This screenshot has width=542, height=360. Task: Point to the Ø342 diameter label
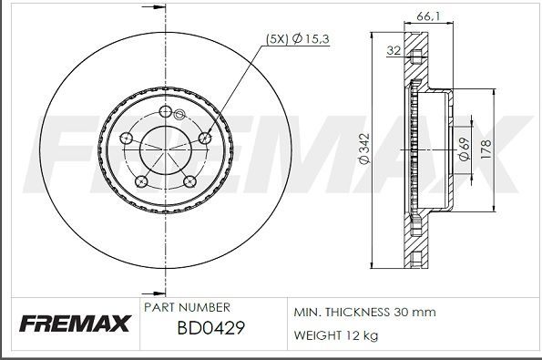pyautogui.click(x=363, y=149)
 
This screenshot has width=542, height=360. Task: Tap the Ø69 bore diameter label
pyautogui.click(x=464, y=148)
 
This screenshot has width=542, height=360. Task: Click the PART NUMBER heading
pyautogui.click(x=187, y=308)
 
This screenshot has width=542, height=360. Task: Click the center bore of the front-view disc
pyautogui.click(x=165, y=149)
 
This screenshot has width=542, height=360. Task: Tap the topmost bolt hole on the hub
pyautogui.click(x=165, y=112)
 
